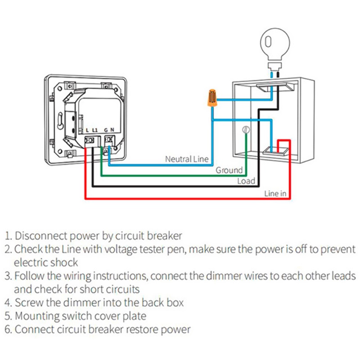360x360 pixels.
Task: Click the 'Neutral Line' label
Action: point(187,159)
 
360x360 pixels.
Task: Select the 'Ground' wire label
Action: point(229,170)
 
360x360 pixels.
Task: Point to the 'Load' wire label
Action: point(246,181)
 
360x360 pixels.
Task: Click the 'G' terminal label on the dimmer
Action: point(107,130)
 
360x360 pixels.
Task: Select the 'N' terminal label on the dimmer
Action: point(112,130)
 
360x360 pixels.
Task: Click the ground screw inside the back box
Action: point(245,130)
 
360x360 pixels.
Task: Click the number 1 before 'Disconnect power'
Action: point(7,235)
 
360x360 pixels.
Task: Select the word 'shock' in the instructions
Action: point(65,262)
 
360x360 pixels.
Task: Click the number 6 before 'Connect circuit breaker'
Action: point(7,329)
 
